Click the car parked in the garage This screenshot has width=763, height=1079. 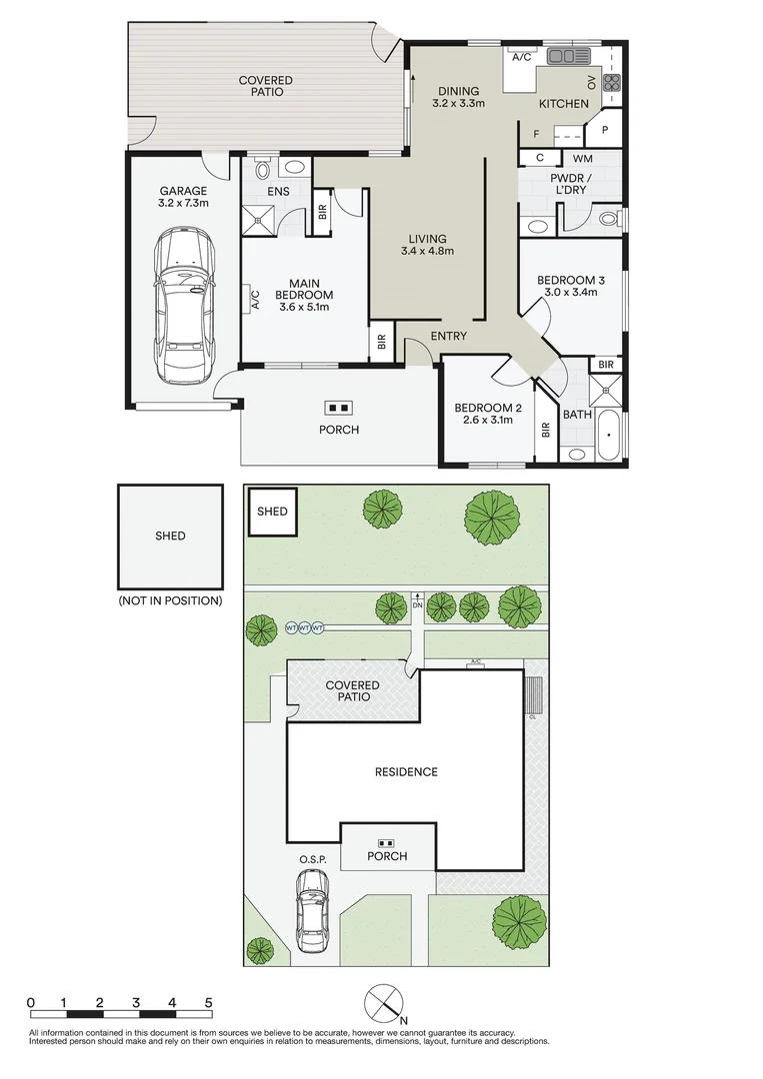(x=184, y=307)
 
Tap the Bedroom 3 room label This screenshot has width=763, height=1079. (x=571, y=280)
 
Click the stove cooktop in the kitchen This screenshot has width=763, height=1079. (x=612, y=83)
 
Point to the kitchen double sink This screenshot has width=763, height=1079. (x=569, y=56)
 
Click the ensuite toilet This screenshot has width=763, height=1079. (x=262, y=168)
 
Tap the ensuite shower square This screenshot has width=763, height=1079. (x=258, y=220)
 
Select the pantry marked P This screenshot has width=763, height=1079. (x=605, y=129)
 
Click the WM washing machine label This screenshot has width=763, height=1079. (x=583, y=158)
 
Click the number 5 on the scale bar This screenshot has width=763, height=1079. (x=209, y=1003)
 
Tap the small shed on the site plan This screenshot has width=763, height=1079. (x=272, y=512)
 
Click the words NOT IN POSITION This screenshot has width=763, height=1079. (x=170, y=600)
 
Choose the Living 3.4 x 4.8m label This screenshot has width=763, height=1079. (x=427, y=245)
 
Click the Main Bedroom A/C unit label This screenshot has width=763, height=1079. (x=255, y=300)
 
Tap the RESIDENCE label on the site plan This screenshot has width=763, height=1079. (x=406, y=772)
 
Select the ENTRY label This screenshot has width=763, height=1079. (x=448, y=336)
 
